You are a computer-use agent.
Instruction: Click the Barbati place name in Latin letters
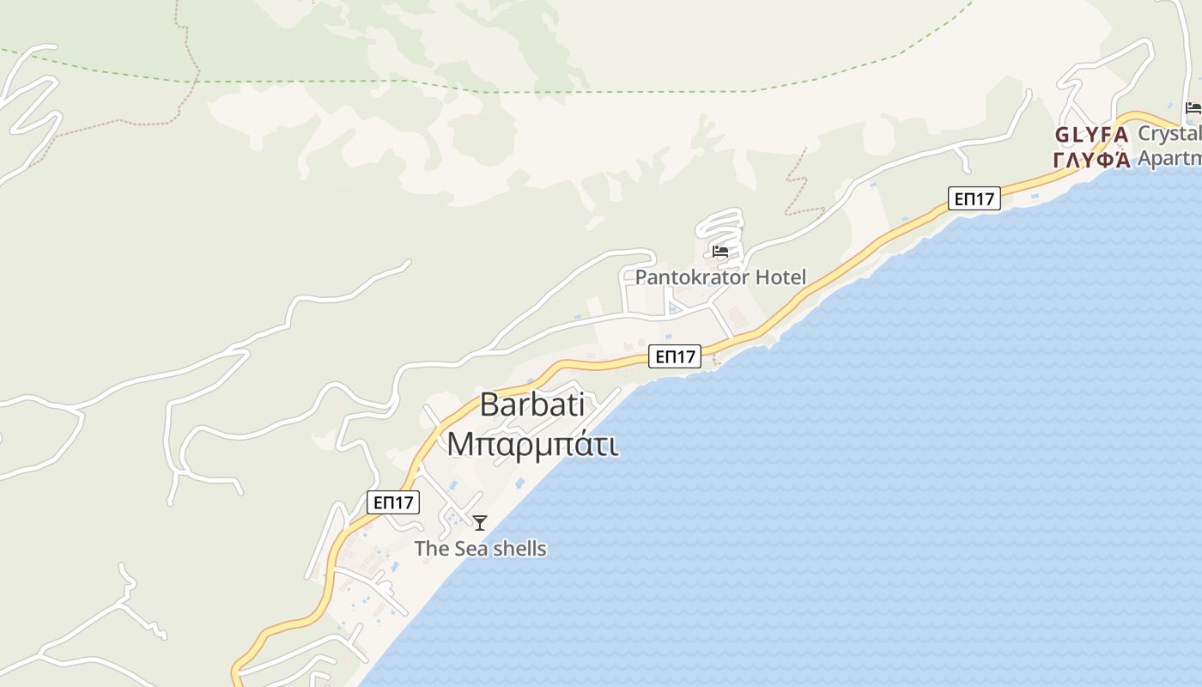[532, 404]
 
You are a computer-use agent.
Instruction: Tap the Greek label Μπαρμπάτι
[532, 445]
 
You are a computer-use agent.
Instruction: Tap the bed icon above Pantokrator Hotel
[720, 252]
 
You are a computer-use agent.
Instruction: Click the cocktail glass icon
[480, 522]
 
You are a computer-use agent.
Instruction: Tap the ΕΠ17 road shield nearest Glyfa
[974, 198]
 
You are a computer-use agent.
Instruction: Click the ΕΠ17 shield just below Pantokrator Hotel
[674, 356]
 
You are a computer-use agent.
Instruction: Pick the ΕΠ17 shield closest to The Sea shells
[393, 502]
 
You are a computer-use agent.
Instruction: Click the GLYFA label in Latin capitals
[1091, 136]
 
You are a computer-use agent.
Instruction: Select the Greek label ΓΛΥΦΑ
[1091, 160]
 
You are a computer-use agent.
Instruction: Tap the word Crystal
[1169, 134]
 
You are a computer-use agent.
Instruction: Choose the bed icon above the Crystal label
[1193, 107]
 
